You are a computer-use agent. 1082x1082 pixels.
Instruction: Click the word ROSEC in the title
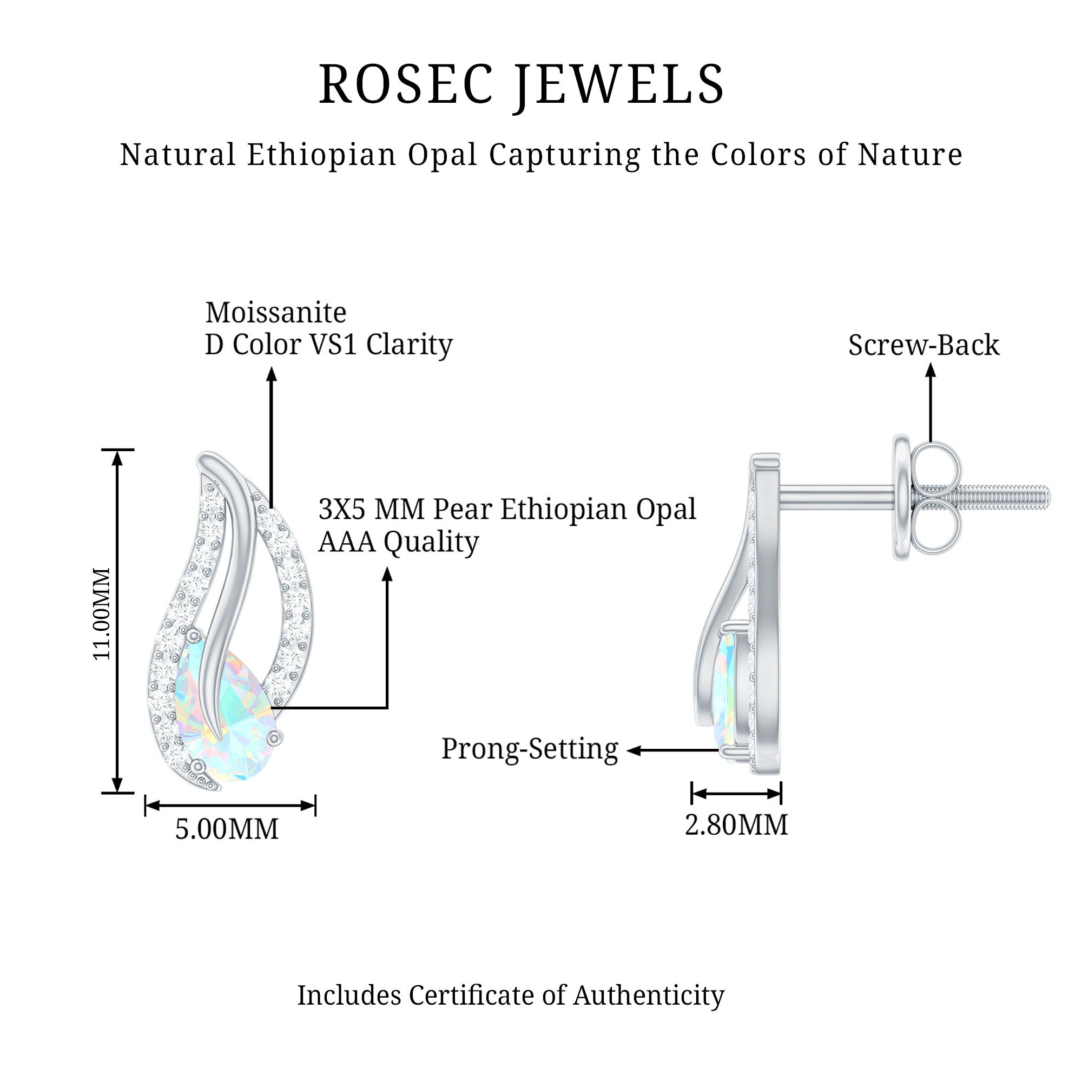[x=406, y=84]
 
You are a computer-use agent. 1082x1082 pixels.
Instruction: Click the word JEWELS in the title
[x=620, y=84]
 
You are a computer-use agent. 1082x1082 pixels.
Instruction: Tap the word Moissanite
[x=275, y=313]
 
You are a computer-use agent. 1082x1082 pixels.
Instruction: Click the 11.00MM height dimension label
[x=102, y=613]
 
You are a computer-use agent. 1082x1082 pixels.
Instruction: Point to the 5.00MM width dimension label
[x=227, y=829]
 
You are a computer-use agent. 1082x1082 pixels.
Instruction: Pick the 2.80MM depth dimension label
[x=736, y=825]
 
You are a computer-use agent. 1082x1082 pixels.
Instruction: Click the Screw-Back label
[x=923, y=345]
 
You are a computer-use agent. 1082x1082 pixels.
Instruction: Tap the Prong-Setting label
[x=529, y=749]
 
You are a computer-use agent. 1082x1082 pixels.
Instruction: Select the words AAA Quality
[x=398, y=542]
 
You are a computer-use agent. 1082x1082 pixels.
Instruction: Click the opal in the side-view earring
[x=727, y=695]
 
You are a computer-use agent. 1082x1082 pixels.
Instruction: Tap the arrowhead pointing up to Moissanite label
[x=272, y=374]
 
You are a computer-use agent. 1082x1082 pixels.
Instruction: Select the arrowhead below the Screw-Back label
[x=930, y=370]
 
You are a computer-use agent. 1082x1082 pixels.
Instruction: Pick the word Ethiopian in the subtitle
[x=321, y=155]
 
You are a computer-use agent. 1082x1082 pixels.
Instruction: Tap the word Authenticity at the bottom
[x=648, y=995]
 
